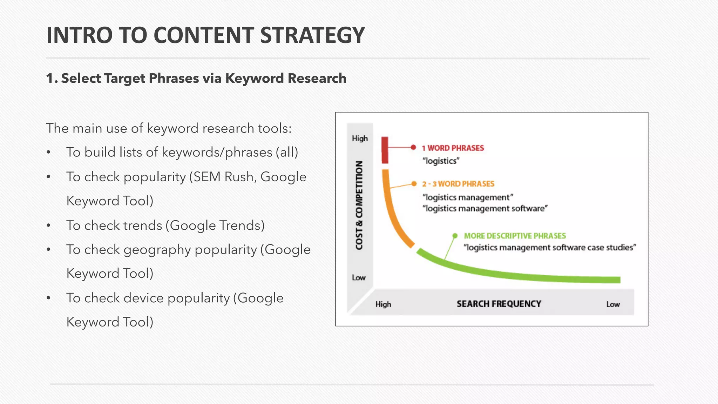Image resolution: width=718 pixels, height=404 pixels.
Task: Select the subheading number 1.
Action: click(x=51, y=78)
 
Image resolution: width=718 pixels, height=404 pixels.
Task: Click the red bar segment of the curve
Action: click(x=385, y=150)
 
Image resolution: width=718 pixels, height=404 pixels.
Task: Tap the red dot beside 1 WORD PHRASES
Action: click(x=413, y=147)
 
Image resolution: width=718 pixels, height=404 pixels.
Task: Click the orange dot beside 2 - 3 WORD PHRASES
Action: click(x=414, y=184)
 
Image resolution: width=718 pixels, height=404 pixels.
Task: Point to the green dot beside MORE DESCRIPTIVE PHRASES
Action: click(x=455, y=236)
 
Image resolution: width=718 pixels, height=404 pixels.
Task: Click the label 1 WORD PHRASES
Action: click(x=453, y=148)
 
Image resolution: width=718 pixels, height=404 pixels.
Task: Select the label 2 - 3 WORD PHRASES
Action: click(x=458, y=184)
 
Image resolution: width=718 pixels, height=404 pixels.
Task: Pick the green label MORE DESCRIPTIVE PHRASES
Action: click(x=515, y=236)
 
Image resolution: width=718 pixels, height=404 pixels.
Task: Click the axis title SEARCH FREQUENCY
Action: click(x=499, y=304)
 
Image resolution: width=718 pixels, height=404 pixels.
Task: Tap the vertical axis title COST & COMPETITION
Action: click(x=359, y=206)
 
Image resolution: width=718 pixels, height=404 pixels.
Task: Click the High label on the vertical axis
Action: click(x=360, y=138)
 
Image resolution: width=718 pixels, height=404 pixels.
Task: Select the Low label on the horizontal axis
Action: click(x=613, y=304)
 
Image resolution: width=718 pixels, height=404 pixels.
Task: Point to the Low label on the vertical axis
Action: click(x=359, y=277)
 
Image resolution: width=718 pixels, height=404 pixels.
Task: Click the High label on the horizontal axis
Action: click(x=383, y=304)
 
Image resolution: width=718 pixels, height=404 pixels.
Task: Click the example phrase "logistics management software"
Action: click(x=485, y=209)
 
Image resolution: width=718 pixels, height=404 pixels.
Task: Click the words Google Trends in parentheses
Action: click(x=215, y=225)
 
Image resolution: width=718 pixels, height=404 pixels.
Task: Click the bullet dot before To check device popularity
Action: click(x=49, y=298)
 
